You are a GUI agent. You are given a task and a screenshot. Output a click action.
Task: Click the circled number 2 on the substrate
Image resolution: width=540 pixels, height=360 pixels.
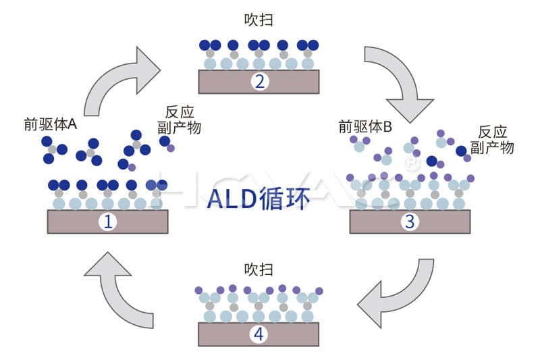click(259, 82)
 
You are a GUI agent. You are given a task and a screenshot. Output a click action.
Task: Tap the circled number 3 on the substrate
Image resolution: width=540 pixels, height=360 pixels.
click(409, 222)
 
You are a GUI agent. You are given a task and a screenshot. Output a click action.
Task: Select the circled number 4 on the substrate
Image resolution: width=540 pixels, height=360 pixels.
click(259, 334)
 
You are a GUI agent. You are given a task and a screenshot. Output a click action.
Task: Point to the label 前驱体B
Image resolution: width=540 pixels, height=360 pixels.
click(364, 126)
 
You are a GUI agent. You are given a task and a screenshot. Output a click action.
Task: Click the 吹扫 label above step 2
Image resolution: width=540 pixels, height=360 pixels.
click(259, 20)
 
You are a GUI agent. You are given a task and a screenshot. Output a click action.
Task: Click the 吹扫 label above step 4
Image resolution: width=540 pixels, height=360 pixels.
click(259, 269)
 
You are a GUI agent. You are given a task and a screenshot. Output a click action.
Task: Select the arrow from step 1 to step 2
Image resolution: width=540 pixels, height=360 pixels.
click(125, 80)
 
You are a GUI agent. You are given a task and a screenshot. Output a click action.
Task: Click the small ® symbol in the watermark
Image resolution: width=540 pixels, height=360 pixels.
click(408, 163)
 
